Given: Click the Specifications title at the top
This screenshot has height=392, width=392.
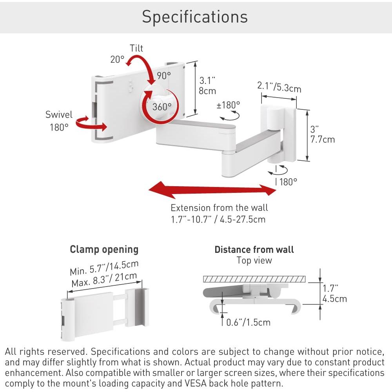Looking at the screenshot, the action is (195, 17).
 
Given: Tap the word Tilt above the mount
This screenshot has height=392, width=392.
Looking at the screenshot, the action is (136, 48).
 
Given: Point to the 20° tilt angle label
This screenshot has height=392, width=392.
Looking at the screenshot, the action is (117, 60).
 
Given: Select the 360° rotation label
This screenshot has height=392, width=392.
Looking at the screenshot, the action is (162, 107).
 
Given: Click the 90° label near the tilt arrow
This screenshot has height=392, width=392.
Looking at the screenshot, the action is (164, 75).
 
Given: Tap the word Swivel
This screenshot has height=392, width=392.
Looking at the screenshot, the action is (59, 114).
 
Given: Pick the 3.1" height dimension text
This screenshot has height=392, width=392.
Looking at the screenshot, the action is (207, 80).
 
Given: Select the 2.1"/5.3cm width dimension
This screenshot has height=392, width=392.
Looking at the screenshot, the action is (279, 87).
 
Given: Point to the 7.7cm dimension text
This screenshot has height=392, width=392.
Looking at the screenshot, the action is (323, 139).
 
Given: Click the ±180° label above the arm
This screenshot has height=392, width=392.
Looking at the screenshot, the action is (228, 105).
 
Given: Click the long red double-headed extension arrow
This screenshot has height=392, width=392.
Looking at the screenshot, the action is (212, 190).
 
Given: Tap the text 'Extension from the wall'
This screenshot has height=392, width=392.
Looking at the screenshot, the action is (219, 208).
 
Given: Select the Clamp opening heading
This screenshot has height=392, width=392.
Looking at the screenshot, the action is (104, 249).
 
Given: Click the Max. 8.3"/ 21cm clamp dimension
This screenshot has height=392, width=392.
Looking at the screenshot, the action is (104, 280).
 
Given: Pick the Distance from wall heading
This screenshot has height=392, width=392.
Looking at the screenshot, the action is (254, 249).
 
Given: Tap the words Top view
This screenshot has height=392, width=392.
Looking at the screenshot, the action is (254, 260).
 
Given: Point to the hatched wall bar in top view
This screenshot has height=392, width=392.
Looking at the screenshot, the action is (254, 279).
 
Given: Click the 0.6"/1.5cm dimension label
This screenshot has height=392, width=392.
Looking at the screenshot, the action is (248, 322).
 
